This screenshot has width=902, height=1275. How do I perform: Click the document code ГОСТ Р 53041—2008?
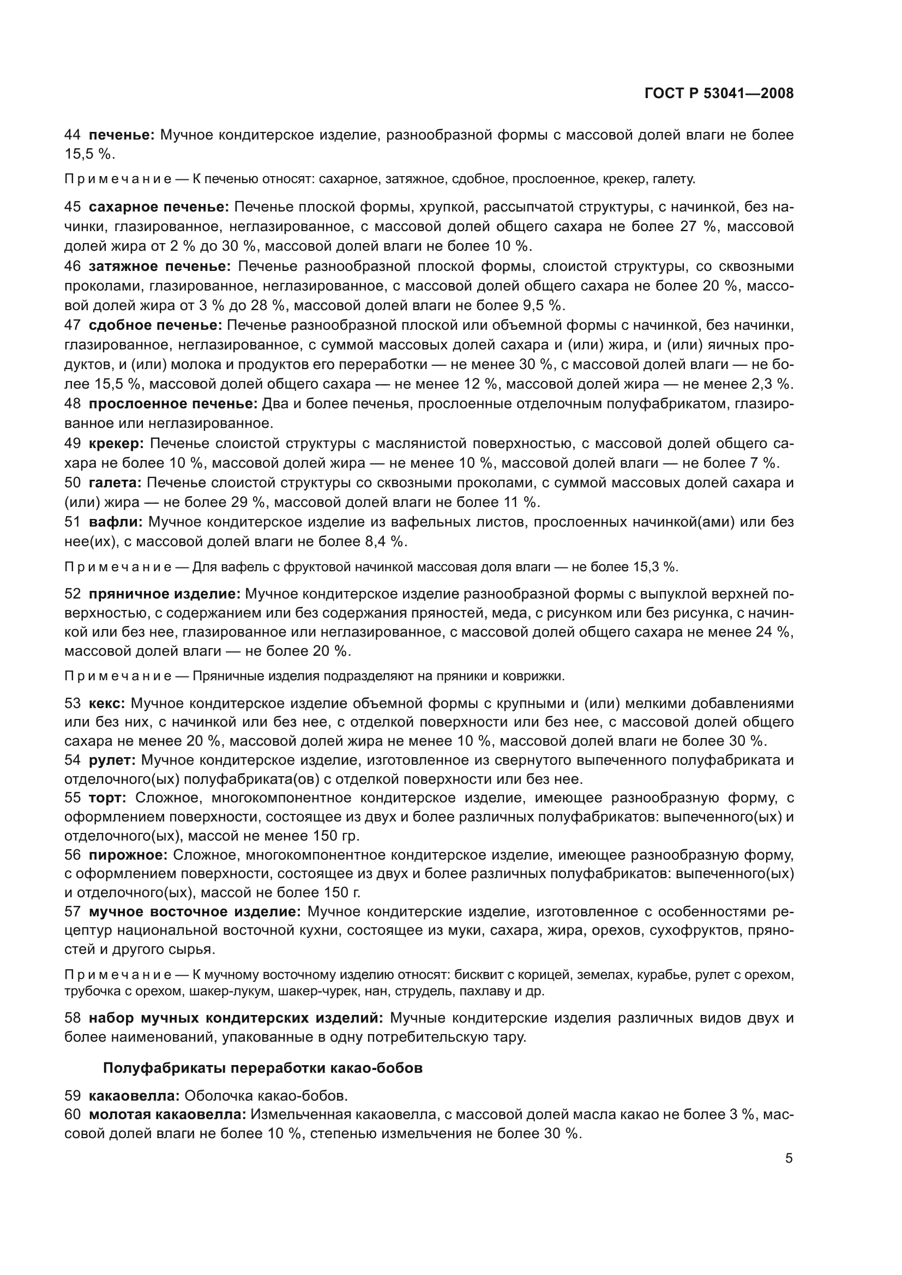(x=719, y=93)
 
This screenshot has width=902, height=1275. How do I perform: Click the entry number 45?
(x=73, y=207)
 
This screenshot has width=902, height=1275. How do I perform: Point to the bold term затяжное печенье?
(x=159, y=267)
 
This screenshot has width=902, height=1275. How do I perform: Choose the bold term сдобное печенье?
(x=155, y=324)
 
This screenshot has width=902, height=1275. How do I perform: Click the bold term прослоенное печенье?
(x=173, y=404)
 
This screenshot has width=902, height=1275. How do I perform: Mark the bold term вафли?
(x=116, y=522)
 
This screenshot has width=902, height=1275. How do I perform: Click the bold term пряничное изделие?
(x=164, y=594)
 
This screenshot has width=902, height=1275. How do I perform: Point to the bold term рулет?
(x=112, y=760)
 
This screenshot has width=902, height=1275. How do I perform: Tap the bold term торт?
(x=108, y=798)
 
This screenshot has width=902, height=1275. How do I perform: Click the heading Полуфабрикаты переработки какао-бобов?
(x=263, y=1068)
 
